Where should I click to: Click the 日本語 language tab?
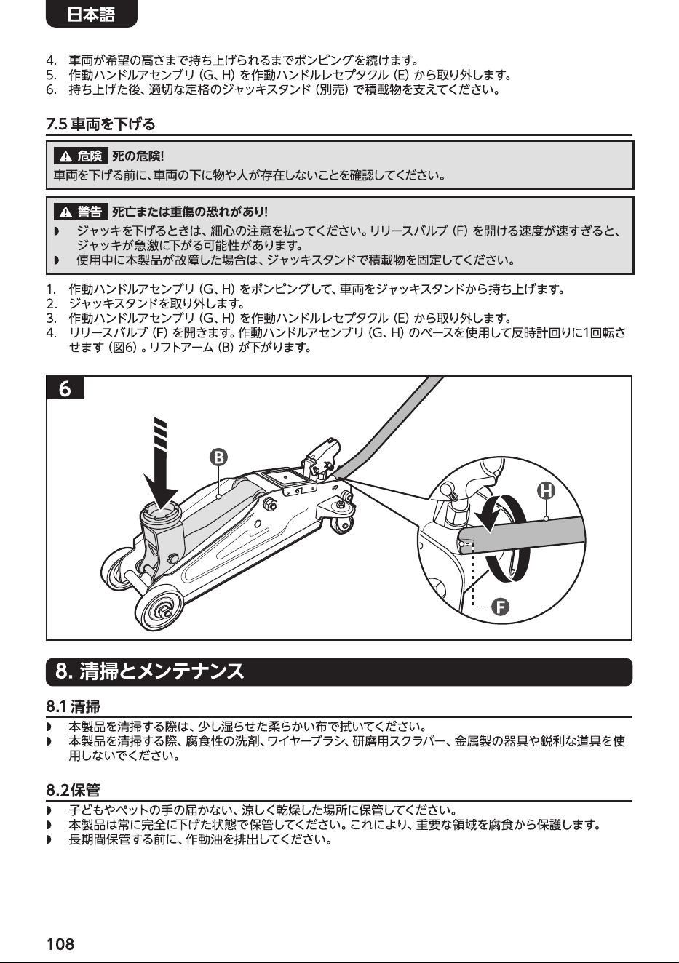click(x=91, y=15)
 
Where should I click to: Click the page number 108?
click(x=60, y=944)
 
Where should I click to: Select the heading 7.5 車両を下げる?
click(x=100, y=124)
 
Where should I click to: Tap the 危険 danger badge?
click(x=81, y=156)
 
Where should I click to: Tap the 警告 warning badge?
click(x=81, y=212)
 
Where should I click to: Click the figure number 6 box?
click(x=65, y=388)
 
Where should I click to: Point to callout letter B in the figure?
click(x=218, y=457)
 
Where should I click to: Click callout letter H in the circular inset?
click(x=546, y=490)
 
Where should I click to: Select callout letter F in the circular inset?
click(x=501, y=607)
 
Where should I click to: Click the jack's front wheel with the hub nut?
click(x=164, y=608)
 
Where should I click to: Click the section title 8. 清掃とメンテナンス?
click(x=149, y=671)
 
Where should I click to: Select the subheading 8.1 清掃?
click(x=74, y=706)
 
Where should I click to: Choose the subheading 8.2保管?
click(x=74, y=789)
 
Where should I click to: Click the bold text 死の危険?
click(x=138, y=156)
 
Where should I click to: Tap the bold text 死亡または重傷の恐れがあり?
click(x=190, y=212)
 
